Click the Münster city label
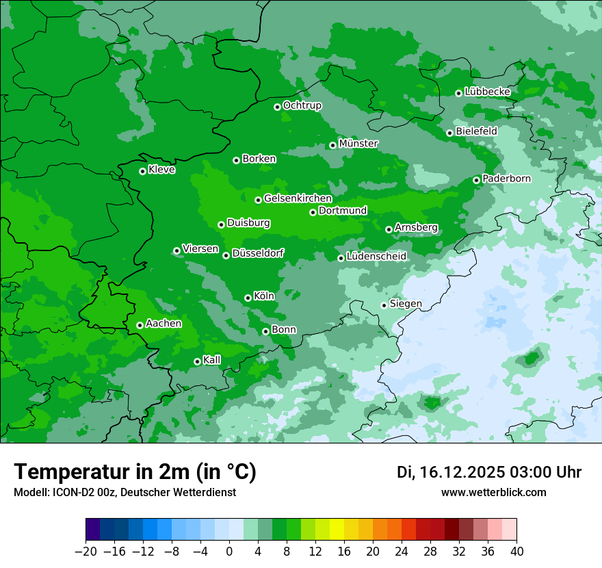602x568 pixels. [358, 144]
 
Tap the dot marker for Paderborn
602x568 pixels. [477, 180]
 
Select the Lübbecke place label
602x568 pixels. [487, 92]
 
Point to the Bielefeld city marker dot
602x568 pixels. [449, 133]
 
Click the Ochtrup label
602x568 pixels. [302, 105]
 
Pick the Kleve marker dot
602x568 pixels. [142, 171]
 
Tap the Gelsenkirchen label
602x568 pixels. [298, 198]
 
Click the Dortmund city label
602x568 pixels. [343, 211]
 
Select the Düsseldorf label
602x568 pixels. [257, 254]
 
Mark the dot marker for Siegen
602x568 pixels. [384, 305]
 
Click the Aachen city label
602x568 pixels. [163, 324]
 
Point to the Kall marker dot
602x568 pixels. [197, 361]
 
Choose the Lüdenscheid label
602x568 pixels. [376, 257]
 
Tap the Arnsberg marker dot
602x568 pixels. [389, 229]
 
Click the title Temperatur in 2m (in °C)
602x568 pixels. [135, 472]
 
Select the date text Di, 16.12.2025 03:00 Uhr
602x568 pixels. [489, 472]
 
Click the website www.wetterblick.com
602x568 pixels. [493, 492]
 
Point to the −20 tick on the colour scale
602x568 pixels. [86, 552]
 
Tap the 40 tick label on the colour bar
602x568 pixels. [516, 552]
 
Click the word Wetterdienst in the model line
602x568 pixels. [206, 492]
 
